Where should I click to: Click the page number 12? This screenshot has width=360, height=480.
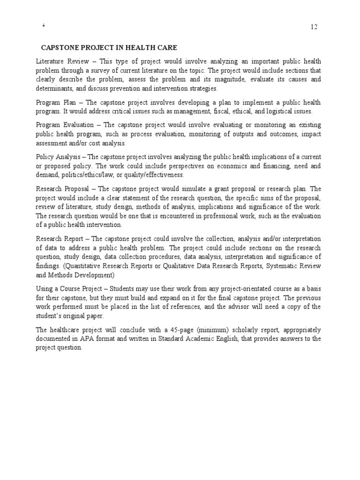[x=314, y=27]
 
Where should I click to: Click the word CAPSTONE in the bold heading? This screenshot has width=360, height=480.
[x=60, y=48]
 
